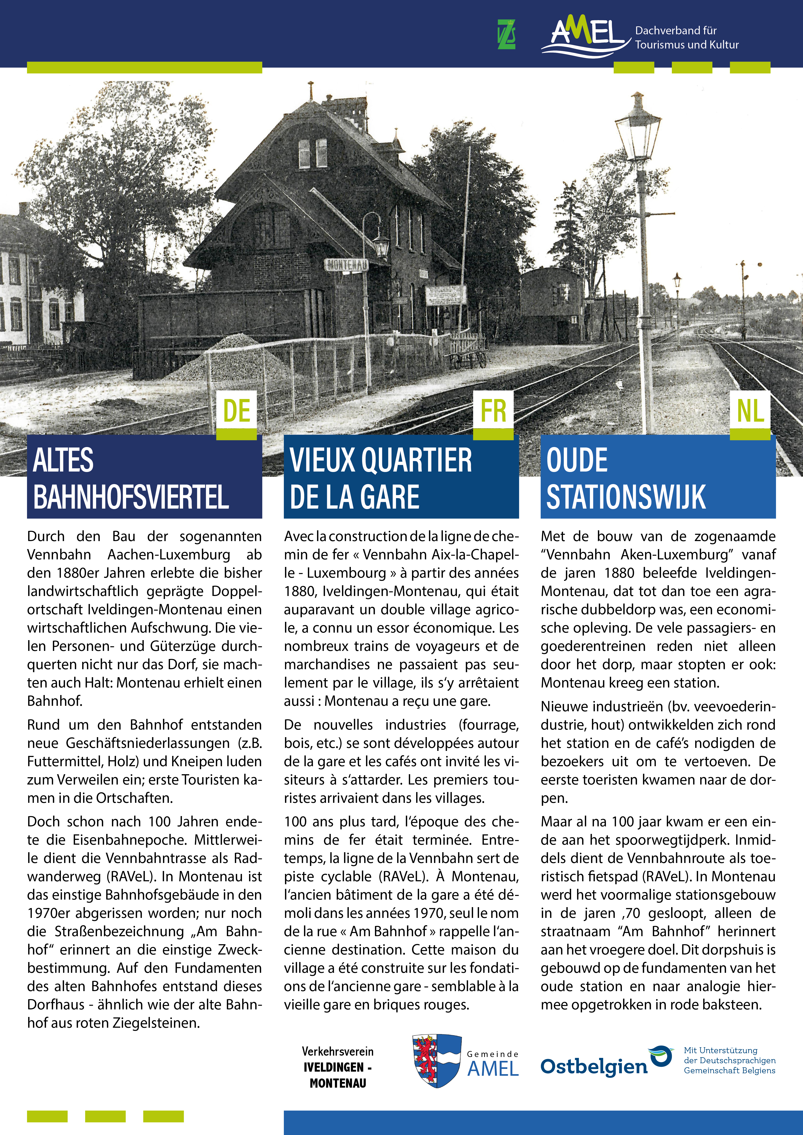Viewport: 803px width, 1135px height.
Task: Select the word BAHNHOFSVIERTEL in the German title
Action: [131, 497]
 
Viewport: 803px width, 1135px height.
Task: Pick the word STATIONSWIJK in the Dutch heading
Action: [626, 497]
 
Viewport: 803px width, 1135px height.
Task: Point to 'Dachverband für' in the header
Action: [675, 31]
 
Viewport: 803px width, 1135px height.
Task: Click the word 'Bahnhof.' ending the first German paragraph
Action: [55, 701]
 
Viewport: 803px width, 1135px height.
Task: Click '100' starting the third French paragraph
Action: [295, 822]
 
